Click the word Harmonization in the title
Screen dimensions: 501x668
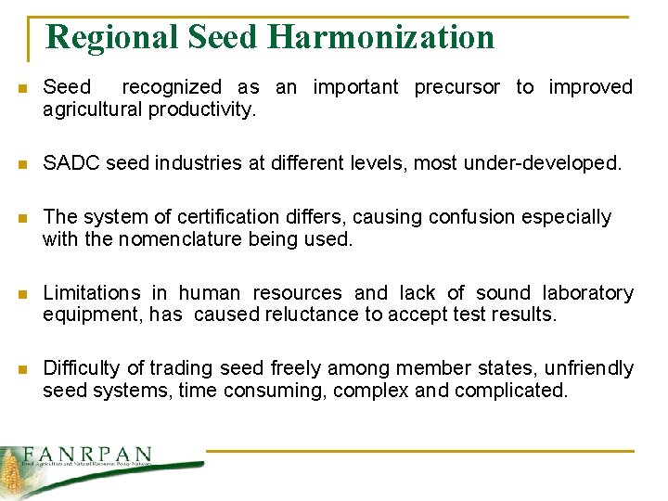pos(380,37)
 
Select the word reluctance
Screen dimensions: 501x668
pos(312,315)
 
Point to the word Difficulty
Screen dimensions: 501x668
pos(82,368)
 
